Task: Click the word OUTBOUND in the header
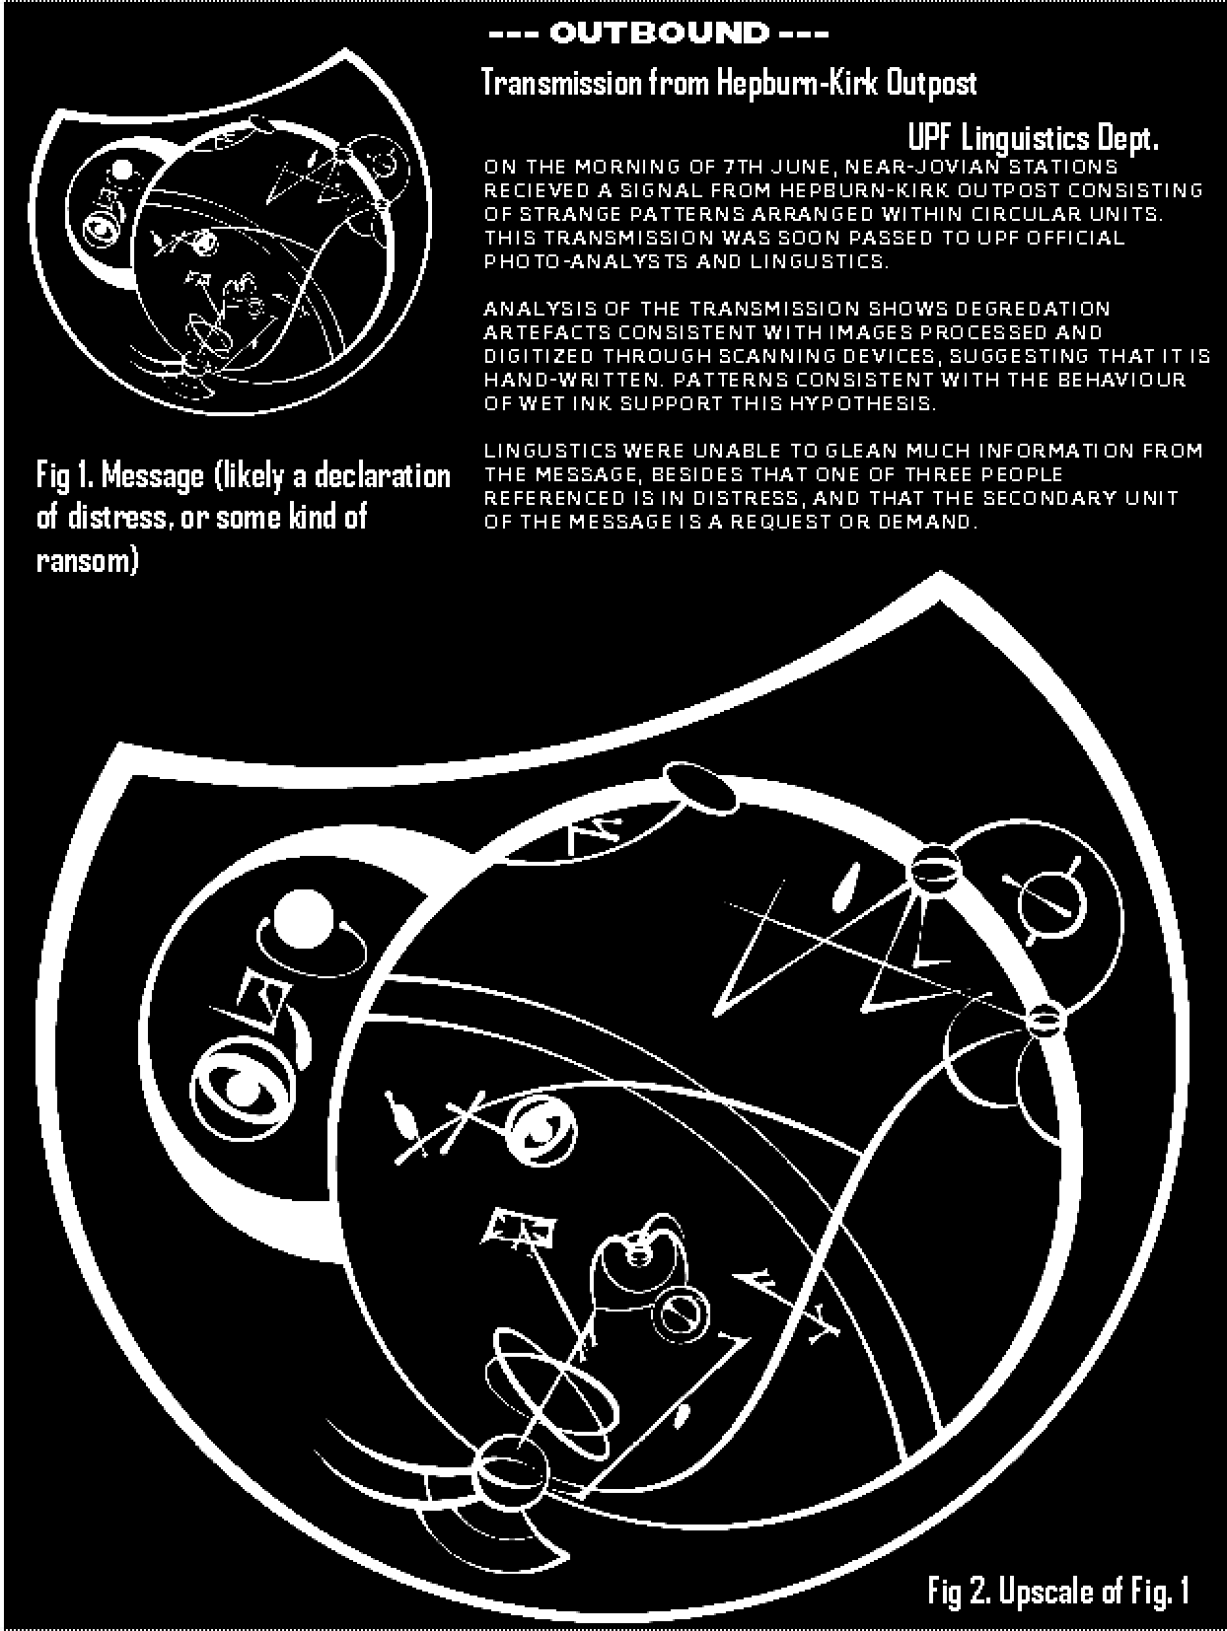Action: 659,34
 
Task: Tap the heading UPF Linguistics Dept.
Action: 1033,138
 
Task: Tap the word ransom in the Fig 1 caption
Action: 87,560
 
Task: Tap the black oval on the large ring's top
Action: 699,789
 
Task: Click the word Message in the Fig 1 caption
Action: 152,476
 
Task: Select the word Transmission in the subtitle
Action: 561,83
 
